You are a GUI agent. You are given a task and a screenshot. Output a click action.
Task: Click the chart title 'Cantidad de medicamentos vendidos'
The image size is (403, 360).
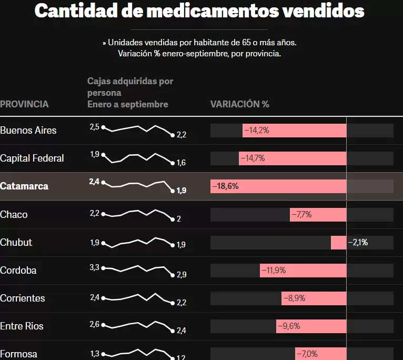tap(199, 11)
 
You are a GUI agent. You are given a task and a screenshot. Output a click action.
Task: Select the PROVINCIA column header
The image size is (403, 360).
tap(24, 104)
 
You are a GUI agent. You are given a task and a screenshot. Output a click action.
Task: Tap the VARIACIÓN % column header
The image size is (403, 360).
tap(239, 104)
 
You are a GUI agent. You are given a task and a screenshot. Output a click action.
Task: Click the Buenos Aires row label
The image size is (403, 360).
tap(28, 130)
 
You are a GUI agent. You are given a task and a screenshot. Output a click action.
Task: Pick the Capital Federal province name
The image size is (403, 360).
tap(32, 158)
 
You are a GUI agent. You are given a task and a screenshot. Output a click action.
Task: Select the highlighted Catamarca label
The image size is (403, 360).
tap(24, 186)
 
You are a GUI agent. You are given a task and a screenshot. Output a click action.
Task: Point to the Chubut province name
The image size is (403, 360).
tap(16, 242)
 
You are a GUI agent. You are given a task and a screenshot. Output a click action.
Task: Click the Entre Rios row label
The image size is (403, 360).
tap(22, 326)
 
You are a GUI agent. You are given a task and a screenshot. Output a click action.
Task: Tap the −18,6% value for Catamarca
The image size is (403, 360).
tap(225, 186)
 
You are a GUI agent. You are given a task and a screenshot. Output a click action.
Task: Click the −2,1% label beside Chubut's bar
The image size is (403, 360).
tap(358, 243)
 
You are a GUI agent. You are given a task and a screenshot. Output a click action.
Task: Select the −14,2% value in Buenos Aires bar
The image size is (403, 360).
tap(257, 130)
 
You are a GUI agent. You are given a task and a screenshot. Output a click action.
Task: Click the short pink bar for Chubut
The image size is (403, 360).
tap(338, 243)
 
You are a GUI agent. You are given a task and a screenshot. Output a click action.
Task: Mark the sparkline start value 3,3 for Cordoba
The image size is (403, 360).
tap(94, 267)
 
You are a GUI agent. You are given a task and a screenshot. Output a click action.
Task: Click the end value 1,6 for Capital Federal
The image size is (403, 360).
tap(181, 163)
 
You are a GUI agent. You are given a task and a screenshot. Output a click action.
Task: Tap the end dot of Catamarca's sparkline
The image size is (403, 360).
tap(172, 191)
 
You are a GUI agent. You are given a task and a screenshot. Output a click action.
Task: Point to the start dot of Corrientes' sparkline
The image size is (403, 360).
tap(103, 298)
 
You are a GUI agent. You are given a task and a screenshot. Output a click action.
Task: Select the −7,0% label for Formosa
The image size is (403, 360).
tap(307, 354)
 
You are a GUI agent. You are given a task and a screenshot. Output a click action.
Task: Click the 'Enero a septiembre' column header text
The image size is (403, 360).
tap(128, 104)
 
